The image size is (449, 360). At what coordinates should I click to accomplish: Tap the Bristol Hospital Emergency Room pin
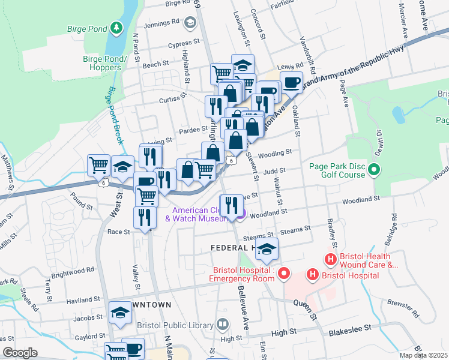pyautogui.click(x=283, y=275)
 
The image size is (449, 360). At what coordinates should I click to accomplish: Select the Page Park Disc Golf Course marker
pyautogui.click(x=375, y=170)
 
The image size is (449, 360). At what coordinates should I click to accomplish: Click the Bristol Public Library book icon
pyautogui.click(x=223, y=325)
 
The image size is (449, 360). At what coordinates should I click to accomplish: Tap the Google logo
pyautogui.click(x=20, y=352)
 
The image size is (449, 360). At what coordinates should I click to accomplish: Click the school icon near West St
pyautogui.click(x=122, y=167)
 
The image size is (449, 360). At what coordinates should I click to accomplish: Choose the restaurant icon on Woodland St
pyautogui.click(x=231, y=206)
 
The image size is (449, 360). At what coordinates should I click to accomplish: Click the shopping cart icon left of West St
pyautogui.click(x=98, y=164)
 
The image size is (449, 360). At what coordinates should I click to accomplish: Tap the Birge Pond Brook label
pyautogui.click(x=115, y=116)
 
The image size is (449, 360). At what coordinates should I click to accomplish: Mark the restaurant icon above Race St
pyautogui.click(x=144, y=217)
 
